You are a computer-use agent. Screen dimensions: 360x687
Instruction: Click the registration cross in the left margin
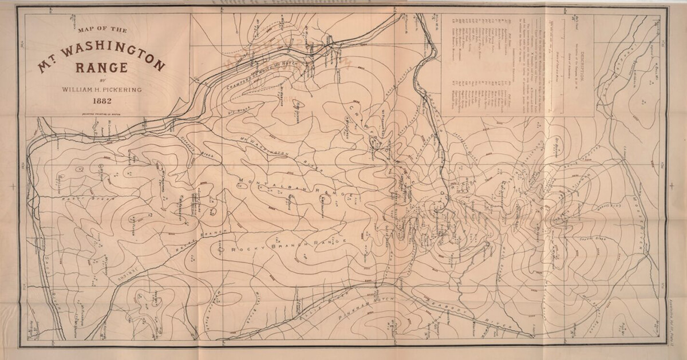(x=12, y=186)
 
